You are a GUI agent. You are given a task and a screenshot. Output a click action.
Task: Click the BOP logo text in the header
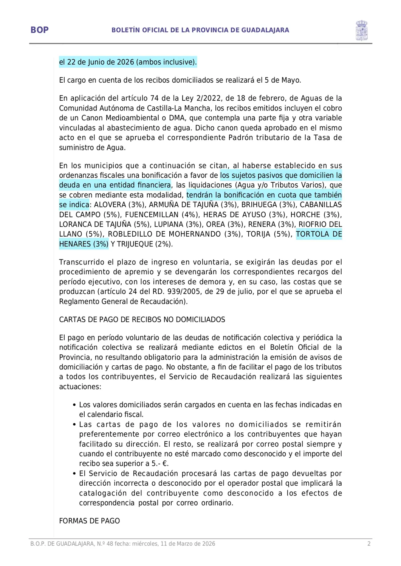click(x=39, y=30)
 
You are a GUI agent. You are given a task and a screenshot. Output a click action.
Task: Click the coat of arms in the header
click(x=361, y=31)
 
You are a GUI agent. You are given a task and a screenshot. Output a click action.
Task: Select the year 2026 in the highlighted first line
click(x=125, y=62)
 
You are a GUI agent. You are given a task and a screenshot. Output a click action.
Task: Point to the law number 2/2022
click(x=210, y=98)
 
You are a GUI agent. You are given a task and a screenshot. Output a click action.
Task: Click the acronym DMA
click(x=177, y=118)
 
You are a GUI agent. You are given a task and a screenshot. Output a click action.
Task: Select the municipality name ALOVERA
click(x=110, y=205)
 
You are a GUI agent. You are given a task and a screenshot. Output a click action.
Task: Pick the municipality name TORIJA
click(x=258, y=234)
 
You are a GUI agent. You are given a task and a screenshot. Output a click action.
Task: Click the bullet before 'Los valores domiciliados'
click(x=74, y=405)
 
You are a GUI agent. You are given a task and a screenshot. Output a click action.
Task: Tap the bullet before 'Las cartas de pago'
click(x=74, y=424)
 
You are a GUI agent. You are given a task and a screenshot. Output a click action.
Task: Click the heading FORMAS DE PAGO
click(x=89, y=521)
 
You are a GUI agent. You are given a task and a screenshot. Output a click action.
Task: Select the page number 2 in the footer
click(x=369, y=544)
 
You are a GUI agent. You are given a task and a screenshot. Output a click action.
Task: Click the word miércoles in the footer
click(x=146, y=544)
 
